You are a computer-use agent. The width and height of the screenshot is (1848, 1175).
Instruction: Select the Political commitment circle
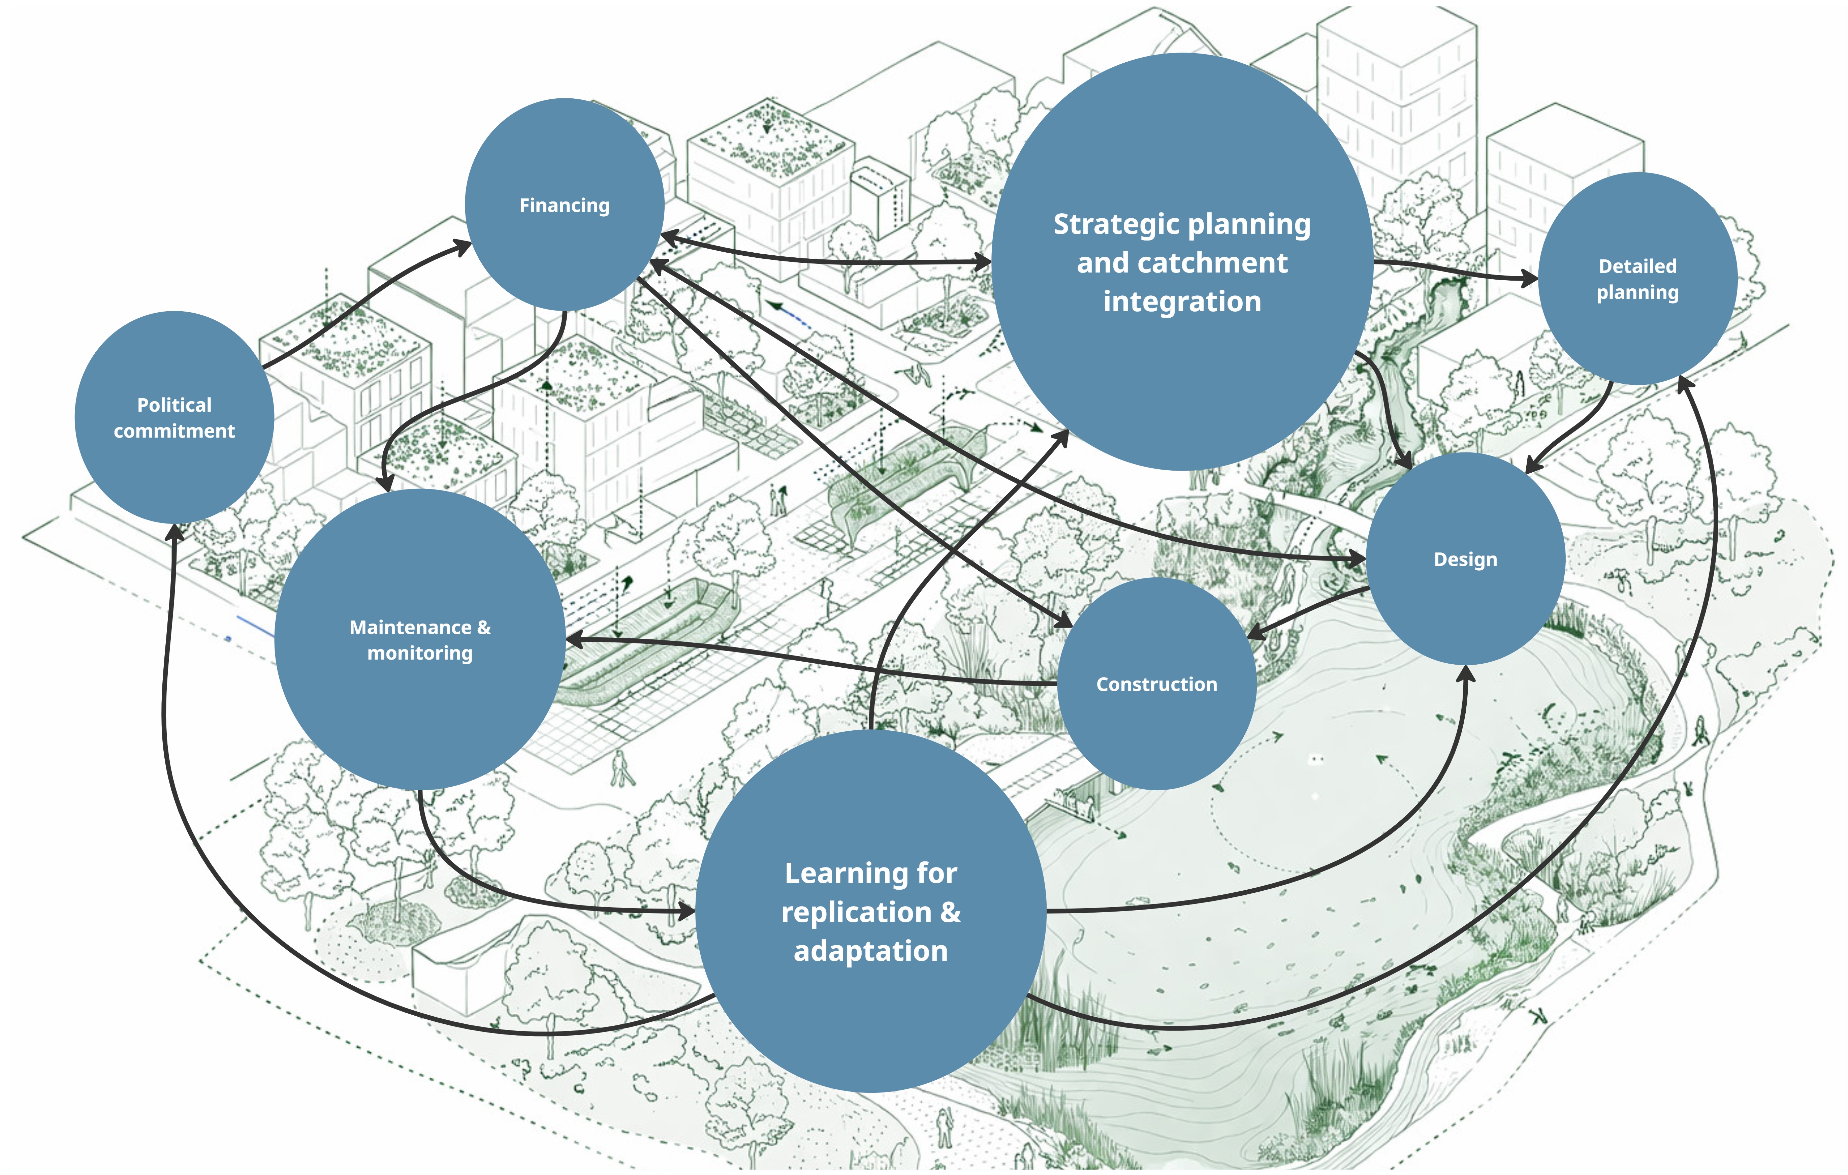174,417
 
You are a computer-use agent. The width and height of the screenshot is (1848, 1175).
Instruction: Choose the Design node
1465,559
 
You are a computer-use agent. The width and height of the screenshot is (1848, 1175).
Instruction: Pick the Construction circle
1156,684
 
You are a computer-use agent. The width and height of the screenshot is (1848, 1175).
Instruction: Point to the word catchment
1213,262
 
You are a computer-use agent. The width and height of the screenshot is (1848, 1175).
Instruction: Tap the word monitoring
420,653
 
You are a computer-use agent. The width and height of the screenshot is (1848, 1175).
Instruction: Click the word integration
1182,301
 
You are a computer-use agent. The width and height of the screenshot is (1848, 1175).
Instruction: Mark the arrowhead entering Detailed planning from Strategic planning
1530,279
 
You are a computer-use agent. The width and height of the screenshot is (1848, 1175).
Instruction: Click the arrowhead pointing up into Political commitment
175,532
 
